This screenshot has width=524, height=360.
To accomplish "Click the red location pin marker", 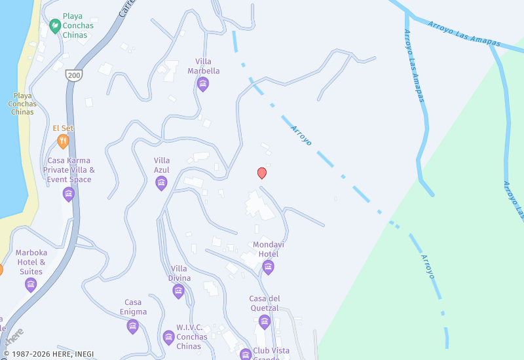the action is point(262,173).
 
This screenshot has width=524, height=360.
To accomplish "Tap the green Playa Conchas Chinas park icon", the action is point(55,25).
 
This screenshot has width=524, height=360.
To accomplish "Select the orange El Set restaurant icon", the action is point(63,141).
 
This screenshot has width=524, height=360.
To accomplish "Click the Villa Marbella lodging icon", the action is point(203,84).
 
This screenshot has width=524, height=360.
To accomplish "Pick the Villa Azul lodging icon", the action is point(162,183).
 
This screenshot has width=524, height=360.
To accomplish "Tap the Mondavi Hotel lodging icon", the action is point(268,267).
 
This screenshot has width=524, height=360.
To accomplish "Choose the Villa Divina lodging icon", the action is point(179,291).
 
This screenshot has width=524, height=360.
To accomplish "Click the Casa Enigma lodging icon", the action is point(133,327).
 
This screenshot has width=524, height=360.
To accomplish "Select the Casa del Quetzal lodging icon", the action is point(264,321).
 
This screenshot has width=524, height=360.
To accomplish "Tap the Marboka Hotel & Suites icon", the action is point(31,285).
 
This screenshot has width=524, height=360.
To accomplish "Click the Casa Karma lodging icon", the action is point(69,194).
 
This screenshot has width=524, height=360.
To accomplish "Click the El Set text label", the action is point(63,128).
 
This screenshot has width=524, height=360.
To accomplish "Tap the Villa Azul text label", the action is point(162,165).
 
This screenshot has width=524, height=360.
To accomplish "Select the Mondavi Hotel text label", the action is point(266,249).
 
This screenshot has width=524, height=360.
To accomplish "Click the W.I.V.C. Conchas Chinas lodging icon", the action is point(169,337).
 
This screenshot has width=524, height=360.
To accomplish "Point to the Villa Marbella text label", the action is point(204,66).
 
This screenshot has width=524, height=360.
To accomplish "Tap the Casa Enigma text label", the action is point(133,307).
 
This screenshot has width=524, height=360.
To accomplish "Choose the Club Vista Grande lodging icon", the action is point(246,354).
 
